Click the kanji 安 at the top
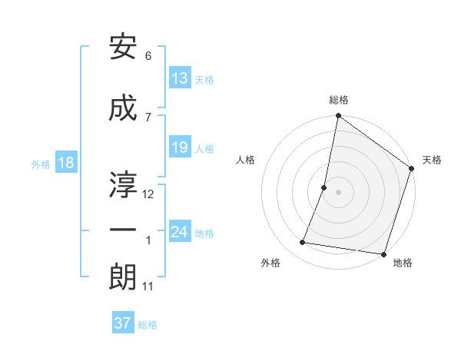pyautogui.click(x=124, y=48)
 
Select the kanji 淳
pyautogui.click(x=124, y=182)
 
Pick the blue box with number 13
pyautogui.click(x=180, y=78)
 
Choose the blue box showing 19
pyautogui.click(x=180, y=147)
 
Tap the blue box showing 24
pyautogui.click(x=180, y=232)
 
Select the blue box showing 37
pyautogui.click(x=123, y=323)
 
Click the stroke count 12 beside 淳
pyautogui.click(x=149, y=194)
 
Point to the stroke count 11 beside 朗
pyautogui.click(x=148, y=286)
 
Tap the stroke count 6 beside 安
pyautogui.click(x=148, y=56)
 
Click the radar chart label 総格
pyautogui.click(x=339, y=100)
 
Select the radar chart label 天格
pyautogui.click(x=432, y=160)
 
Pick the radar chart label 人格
pyautogui.click(x=246, y=160)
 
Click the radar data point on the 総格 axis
pyautogui.click(x=338, y=117)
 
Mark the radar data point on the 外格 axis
pyautogui.click(x=303, y=243)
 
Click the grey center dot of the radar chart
pyautogui.click(x=338, y=192)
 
